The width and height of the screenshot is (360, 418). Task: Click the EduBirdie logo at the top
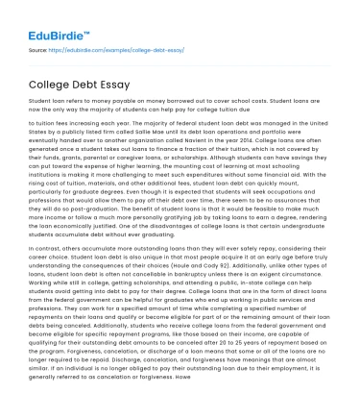[52, 18]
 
